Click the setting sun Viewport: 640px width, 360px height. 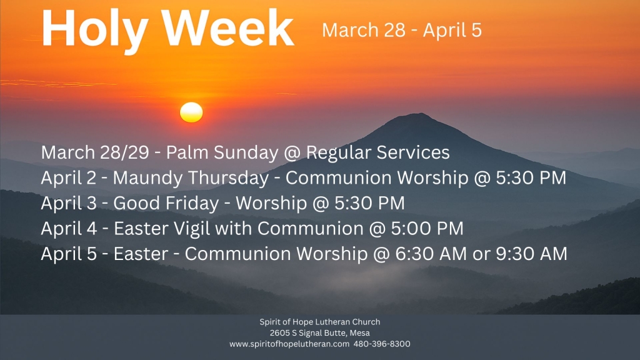click(x=191, y=112)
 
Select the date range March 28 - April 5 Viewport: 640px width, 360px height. click(x=401, y=30)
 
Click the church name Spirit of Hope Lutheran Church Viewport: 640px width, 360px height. click(x=319, y=322)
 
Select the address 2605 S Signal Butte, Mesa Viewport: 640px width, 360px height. click(x=319, y=333)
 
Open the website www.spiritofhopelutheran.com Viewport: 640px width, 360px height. click(x=289, y=344)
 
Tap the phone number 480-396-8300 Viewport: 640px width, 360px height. click(x=382, y=344)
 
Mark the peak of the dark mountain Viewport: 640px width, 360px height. click(x=417, y=115)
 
